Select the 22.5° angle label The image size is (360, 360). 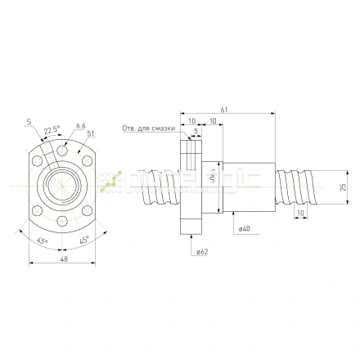click(x=52, y=129)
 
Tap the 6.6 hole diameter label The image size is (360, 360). click(x=80, y=126)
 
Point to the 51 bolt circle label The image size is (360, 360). click(x=90, y=133)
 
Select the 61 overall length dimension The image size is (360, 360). click(x=224, y=109)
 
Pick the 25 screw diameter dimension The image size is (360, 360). click(x=343, y=186)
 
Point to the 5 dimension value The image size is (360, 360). click(x=196, y=131)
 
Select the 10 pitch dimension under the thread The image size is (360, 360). click(x=301, y=213)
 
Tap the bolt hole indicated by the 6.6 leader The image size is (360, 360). click(x=63, y=151)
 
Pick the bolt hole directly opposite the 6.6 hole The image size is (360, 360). click(x=63, y=222)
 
